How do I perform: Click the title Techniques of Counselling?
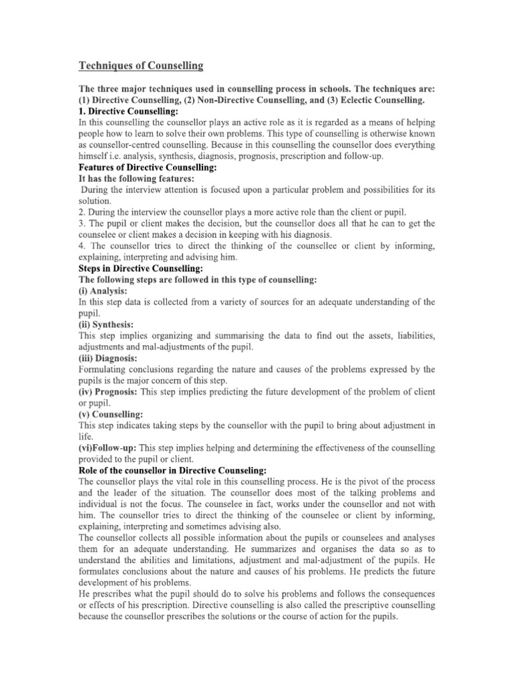pos(141,65)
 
